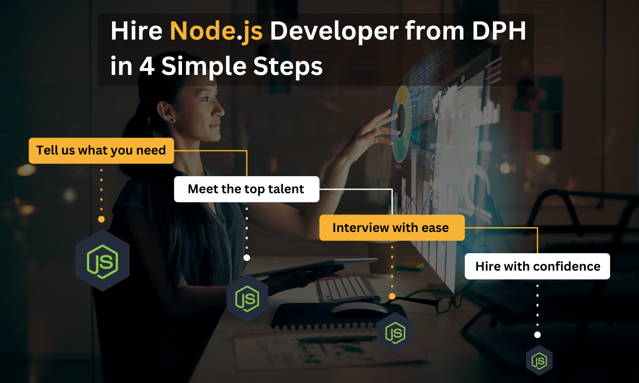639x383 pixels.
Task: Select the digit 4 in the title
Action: (147, 66)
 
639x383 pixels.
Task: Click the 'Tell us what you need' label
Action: (101, 151)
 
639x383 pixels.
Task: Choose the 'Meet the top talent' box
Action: (247, 189)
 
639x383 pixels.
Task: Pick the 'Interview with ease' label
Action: (392, 228)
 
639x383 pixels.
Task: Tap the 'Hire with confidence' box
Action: (537, 266)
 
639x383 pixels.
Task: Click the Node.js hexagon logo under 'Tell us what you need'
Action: (102, 260)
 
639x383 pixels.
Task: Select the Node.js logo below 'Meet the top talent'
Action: (248, 298)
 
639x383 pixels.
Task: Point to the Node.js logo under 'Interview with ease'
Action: (395, 332)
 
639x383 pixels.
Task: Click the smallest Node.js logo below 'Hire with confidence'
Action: (539, 360)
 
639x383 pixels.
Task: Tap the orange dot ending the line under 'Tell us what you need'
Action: (101, 219)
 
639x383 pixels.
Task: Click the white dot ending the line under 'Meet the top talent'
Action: (247, 257)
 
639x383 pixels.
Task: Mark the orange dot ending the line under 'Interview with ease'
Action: (392, 296)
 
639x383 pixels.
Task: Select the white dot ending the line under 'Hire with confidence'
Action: (538, 334)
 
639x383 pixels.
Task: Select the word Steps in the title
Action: (288, 66)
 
